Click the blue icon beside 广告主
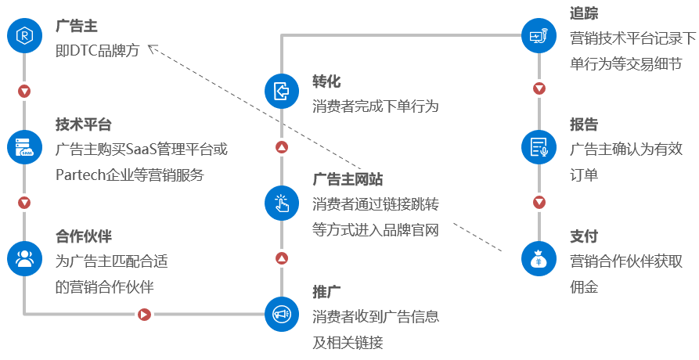click(25, 36)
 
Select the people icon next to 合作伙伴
click(25, 258)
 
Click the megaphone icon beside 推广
click(282, 314)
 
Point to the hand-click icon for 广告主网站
click(282, 202)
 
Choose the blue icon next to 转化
click(282, 91)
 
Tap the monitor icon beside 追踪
click(539, 36)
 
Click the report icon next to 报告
click(539, 146)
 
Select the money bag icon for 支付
click(539, 258)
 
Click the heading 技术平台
click(84, 124)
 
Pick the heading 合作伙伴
click(84, 236)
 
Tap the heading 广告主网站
click(348, 180)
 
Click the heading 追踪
click(585, 13)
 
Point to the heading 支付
click(585, 236)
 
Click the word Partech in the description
click(81, 175)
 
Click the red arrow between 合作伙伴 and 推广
click(144, 315)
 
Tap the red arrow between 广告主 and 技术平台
click(25, 92)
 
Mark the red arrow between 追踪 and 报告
click(539, 88)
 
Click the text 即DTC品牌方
click(97, 50)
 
